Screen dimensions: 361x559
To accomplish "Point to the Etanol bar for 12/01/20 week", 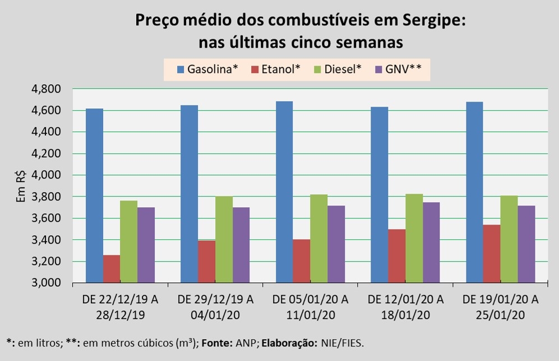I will click(x=397, y=255).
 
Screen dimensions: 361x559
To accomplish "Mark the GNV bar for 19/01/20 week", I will click(x=526, y=244).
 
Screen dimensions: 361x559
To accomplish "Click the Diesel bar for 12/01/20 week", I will click(x=414, y=238).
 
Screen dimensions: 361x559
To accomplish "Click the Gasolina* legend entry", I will click(x=207, y=69).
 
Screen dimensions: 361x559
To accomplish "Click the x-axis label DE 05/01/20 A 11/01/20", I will click(x=311, y=307).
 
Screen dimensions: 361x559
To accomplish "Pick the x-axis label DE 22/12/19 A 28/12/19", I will click(x=121, y=307).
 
